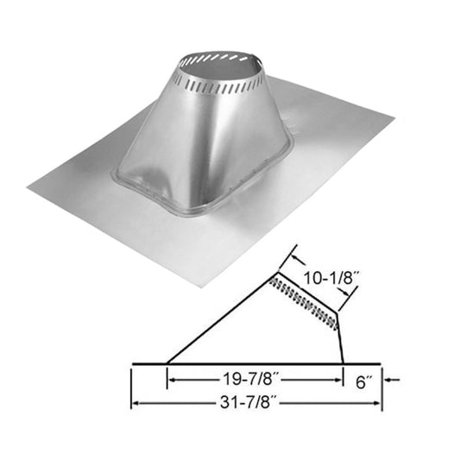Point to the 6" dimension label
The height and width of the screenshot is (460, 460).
click(x=362, y=377)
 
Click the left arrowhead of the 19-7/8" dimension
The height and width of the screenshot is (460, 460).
click(x=172, y=378)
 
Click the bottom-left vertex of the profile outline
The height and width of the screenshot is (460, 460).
click(x=167, y=362)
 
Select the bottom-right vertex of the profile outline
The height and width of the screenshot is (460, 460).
click(x=343, y=362)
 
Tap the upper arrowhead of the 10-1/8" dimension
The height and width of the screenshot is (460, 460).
click(x=294, y=256)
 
